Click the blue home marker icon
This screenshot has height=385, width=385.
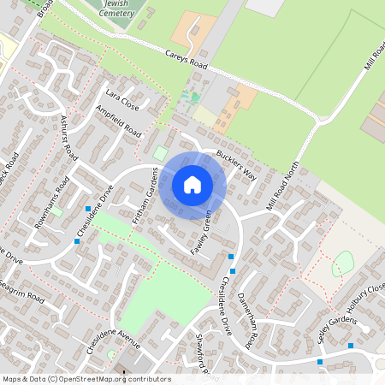[x=192, y=184]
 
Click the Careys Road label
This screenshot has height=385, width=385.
[x=187, y=58]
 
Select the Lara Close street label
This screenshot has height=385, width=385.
[x=121, y=99]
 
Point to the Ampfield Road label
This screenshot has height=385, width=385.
[x=119, y=122]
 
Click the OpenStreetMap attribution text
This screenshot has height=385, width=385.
[x=86, y=379]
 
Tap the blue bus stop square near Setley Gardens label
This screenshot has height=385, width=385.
[x=350, y=346]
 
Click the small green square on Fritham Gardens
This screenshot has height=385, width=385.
[x=160, y=152]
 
